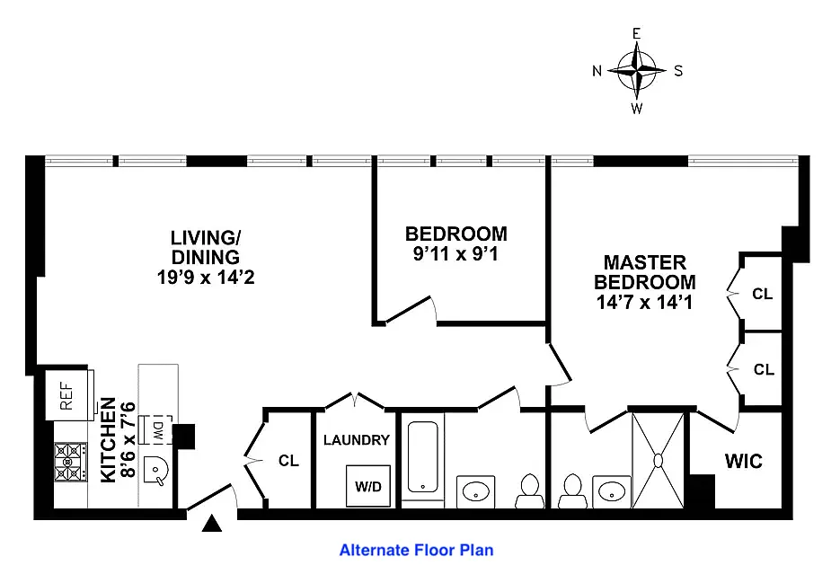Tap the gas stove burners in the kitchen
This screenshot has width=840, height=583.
pos(70,462)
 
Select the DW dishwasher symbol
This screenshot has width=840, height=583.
pos(157,429)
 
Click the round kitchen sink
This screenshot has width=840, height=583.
pos(156,472)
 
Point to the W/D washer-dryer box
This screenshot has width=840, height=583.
pos(368,486)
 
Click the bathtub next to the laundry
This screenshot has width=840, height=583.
pos(422,457)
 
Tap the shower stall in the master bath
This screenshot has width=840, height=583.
pos(659,460)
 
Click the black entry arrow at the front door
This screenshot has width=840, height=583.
pos(212,523)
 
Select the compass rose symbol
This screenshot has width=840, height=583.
pos(636,71)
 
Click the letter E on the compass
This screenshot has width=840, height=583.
pos(636,34)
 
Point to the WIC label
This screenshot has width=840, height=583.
pos(744,461)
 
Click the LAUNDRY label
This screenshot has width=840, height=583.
pos(357,440)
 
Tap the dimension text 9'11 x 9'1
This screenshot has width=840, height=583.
pos(455,253)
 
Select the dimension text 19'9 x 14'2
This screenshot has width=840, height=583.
pos(206,277)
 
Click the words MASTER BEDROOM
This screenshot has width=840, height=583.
pos(645,272)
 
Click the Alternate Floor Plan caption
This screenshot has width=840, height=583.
pos(416,551)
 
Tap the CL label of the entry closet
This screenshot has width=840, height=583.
pos(288,460)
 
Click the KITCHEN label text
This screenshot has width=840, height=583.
pos(108,439)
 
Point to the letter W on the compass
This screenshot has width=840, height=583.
pos(636,109)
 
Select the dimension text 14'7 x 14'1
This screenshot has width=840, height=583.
pos(645,302)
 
